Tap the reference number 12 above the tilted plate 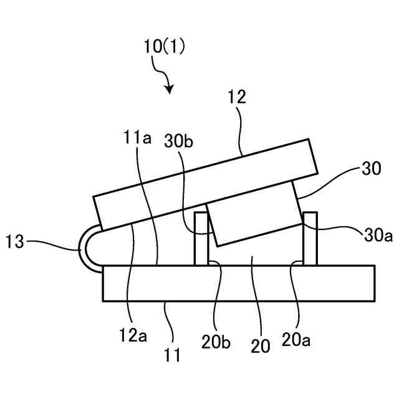238,97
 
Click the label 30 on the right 370,169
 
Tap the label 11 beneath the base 173,356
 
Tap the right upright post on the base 310,240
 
